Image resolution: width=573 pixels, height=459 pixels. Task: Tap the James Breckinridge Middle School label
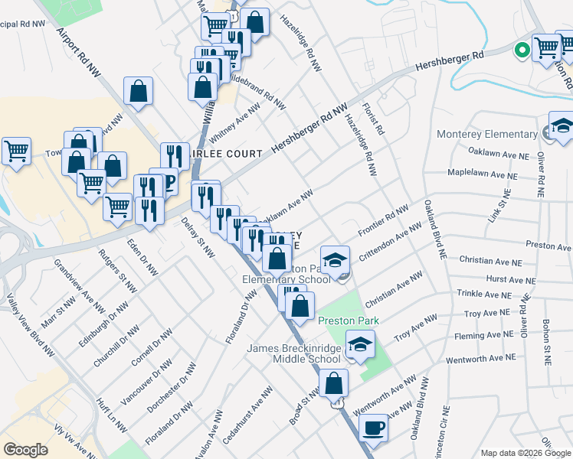click(x=293, y=353)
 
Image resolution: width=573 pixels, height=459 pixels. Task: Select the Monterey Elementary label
click(x=487, y=134)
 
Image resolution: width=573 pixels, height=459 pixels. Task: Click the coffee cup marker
click(x=374, y=428)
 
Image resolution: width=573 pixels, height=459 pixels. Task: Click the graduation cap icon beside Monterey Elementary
click(x=562, y=127)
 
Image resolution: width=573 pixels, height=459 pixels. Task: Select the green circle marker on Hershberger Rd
click(x=522, y=50)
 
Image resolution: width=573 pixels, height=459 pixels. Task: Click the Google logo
click(x=25, y=450)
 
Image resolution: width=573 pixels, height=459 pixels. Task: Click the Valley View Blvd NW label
click(x=31, y=326)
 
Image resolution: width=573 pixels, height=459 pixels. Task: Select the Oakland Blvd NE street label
click(x=434, y=229)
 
